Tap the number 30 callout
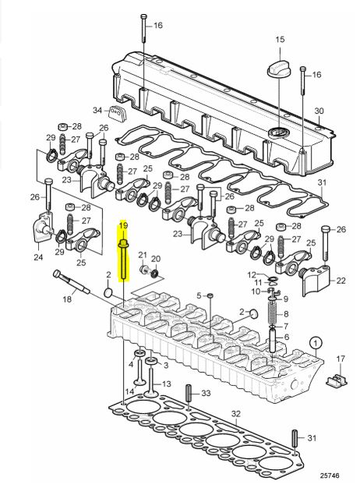tap(317, 111)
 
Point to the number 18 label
tap(66, 298)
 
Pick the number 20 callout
tap(155, 259)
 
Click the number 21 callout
tap(140, 255)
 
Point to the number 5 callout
tap(199, 295)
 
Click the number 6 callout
tap(285, 337)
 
